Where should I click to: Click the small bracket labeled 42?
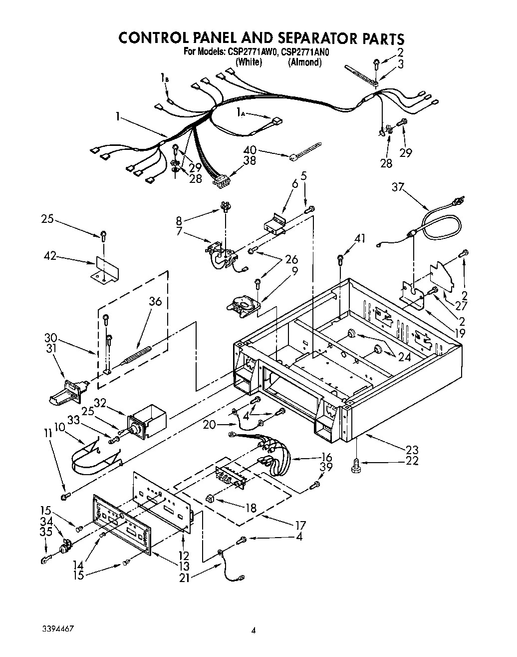coord(104,270)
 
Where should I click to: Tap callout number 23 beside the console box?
coord(412,449)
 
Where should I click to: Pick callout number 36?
coord(155,302)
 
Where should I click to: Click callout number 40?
coord(251,149)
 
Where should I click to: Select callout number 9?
coord(295,271)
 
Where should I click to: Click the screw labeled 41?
coord(340,259)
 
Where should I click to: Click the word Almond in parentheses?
coord(305,62)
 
